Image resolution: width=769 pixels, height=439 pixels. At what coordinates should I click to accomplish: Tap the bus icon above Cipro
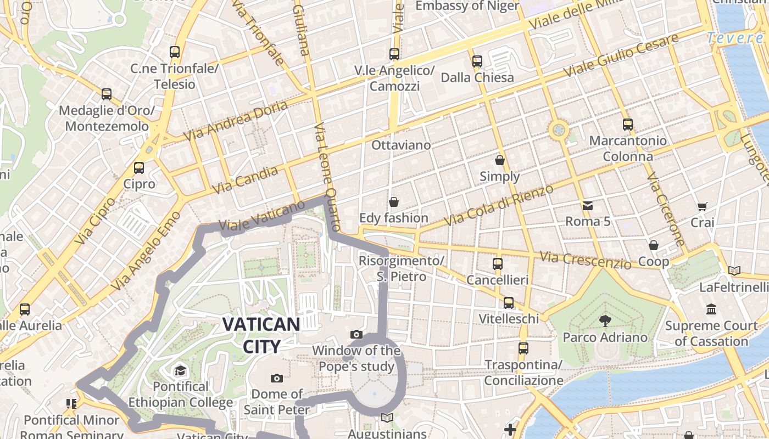coord(139,168)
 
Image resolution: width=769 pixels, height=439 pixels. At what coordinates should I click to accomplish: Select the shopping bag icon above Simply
coord(500,160)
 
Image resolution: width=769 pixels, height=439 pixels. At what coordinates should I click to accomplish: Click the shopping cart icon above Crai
coord(702,207)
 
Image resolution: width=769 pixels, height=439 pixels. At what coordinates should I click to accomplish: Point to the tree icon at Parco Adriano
coord(605,320)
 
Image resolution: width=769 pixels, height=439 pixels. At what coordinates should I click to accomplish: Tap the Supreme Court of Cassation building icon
coord(712,309)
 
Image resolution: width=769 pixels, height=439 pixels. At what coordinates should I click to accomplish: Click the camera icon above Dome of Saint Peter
coord(277,378)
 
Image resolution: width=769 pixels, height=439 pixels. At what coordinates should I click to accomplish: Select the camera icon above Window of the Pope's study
coord(356,334)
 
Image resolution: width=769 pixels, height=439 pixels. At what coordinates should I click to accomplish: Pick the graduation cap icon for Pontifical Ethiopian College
coord(180,371)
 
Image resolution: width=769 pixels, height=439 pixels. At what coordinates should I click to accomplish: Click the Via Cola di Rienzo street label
coord(499,205)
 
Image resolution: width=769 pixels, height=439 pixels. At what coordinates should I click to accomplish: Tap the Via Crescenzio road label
coord(586,260)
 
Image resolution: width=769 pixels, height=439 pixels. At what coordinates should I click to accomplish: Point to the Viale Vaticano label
coord(261,216)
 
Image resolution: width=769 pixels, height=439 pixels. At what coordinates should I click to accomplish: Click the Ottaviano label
coord(401,145)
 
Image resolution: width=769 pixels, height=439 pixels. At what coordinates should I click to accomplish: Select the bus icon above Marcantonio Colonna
coord(628,125)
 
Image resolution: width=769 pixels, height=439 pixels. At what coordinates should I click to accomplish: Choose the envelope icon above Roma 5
coord(588,206)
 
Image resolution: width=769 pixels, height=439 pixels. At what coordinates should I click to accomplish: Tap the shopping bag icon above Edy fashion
coord(393,202)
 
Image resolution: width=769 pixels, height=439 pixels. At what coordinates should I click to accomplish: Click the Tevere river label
coord(735,38)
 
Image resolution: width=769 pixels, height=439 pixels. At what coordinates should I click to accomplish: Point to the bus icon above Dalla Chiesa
coord(477,61)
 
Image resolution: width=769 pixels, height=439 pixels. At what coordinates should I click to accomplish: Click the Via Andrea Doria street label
coord(237,120)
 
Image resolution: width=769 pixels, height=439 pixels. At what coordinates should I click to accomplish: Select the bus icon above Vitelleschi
coord(509,303)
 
